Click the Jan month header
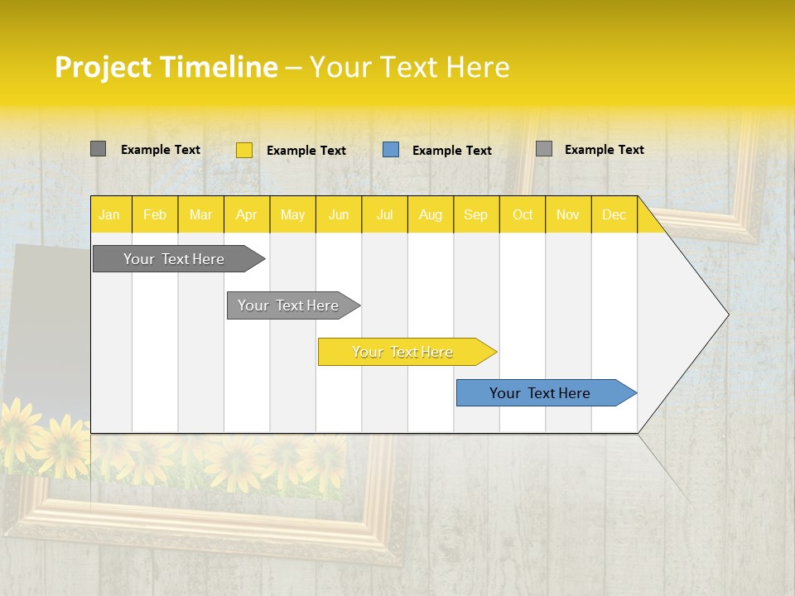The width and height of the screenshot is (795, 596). point(109,214)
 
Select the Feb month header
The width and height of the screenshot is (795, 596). point(155,214)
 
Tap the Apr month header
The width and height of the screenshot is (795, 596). point(246,214)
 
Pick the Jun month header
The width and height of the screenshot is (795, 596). point(339,214)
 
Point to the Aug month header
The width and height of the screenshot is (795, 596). point(430,214)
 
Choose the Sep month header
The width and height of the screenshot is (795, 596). point(475,214)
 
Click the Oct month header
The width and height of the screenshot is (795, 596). point(523,214)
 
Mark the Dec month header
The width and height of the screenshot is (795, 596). point(614,214)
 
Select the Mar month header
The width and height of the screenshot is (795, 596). point(200,214)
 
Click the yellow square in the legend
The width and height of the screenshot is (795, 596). point(244,150)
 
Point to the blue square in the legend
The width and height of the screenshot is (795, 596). point(391,150)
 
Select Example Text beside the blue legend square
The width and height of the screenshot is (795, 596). point(451,151)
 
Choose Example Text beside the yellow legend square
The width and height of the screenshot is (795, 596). point(306,151)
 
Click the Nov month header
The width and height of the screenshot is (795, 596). point(568,214)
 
